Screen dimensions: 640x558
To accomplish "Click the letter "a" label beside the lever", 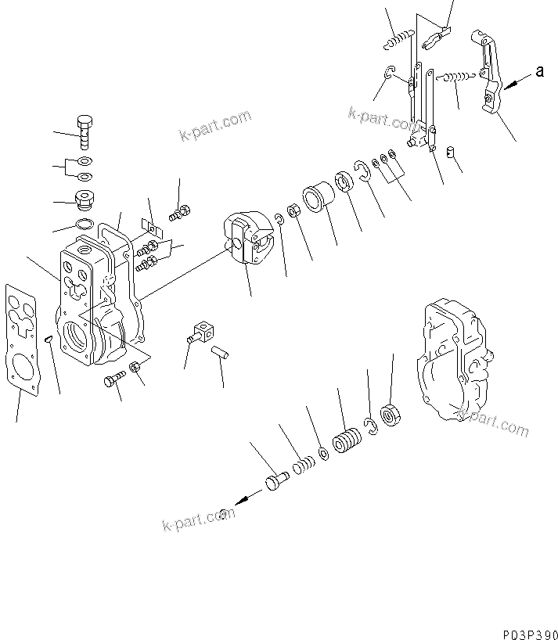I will click(539, 72).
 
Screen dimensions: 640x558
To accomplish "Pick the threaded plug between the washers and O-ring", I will click(84, 200).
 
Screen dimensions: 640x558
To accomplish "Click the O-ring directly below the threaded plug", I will click(85, 227).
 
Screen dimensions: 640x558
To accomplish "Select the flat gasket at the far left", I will click(20, 336).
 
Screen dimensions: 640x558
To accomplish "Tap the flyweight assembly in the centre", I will click(249, 239).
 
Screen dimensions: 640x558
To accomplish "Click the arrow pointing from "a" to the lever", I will click(515, 81).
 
